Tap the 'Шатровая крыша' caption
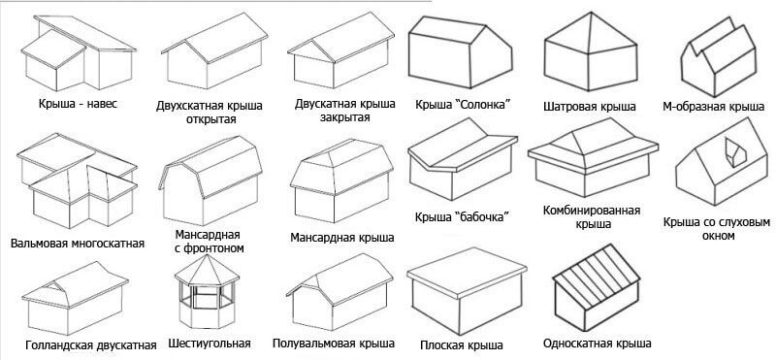(x=590, y=107)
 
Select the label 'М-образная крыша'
(x=714, y=107)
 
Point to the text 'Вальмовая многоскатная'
(x=78, y=244)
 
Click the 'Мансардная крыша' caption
(x=342, y=238)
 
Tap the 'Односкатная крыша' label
(x=597, y=344)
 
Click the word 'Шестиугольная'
(x=210, y=344)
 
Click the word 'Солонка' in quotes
(x=481, y=105)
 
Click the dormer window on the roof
(x=734, y=152)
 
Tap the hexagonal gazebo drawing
(x=207, y=291)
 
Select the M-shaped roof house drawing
(x=719, y=57)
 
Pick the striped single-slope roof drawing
(x=597, y=289)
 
